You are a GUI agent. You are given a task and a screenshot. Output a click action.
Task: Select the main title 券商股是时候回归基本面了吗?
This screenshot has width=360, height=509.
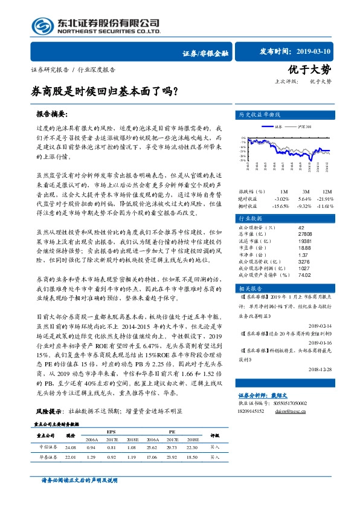coord(104,93)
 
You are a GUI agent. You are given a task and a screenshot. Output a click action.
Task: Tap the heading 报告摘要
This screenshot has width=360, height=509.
coord(53,114)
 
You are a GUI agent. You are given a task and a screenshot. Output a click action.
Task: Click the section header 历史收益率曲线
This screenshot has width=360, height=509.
coord(260,114)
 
